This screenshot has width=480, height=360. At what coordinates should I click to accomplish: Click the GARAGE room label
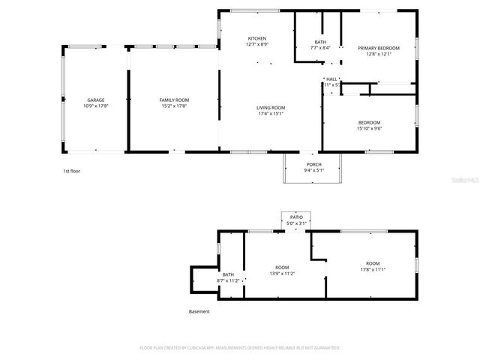tap(95, 100)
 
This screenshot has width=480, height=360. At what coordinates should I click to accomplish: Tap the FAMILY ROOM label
tap(173, 100)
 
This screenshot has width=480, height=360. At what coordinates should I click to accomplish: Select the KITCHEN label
tap(257, 39)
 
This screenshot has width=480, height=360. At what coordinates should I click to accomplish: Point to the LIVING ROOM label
tap(271, 107)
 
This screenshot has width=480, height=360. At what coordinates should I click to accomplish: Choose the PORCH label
tap(313, 164)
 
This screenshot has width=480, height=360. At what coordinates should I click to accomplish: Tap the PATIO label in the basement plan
tap(297, 217)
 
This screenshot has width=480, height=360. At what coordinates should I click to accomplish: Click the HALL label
tap(331, 79)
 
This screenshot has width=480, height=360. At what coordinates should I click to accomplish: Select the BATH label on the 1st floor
tap(320, 42)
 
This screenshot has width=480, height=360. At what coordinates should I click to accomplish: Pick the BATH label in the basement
tap(226, 274)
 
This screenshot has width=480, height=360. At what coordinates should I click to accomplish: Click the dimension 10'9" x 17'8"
tap(95, 106)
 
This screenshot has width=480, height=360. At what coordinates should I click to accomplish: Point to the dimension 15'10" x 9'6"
tap(368, 128)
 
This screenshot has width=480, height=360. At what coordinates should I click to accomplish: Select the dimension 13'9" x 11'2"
tap(282, 274)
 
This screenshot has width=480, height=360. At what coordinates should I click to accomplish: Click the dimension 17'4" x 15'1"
tap(271, 113)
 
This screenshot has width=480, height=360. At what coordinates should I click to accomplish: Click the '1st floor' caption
tap(71, 171)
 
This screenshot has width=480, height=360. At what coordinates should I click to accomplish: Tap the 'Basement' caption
tap(199, 311)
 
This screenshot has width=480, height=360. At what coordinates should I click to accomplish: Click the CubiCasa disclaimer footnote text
tap(240, 347)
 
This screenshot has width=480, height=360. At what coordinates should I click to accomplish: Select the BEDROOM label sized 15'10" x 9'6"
tap(368, 122)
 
